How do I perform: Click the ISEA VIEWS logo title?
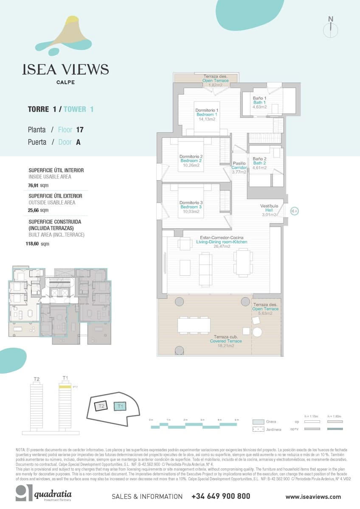point(65,70)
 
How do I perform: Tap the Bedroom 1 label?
point(207,115)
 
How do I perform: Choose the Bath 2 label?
point(259,163)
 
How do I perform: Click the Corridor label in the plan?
point(239,168)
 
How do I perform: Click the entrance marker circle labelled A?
point(295,211)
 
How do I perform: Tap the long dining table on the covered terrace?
point(194,325)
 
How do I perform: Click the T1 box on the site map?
point(121,406)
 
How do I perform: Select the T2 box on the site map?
point(101,406)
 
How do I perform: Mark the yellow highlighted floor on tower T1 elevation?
point(65,387)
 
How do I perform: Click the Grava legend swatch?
point(259,422)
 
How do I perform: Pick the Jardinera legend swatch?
point(259,429)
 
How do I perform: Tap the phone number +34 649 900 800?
point(221,496)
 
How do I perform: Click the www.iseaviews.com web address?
point(313,497)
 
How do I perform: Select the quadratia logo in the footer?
point(44,494)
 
